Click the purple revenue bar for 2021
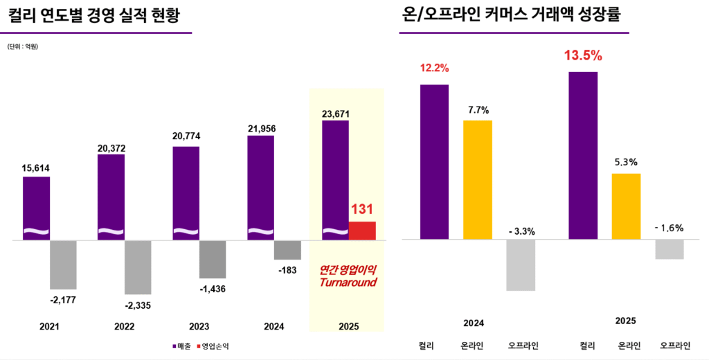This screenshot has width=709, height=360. click(x=36, y=208)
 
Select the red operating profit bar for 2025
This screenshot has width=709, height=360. click(x=361, y=231)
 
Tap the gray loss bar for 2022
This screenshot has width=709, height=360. click(x=138, y=267)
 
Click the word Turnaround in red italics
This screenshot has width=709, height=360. click(x=347, y=282)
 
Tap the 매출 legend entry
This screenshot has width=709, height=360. click(x=181, y=345)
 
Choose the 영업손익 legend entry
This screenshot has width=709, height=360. click(x=214, y=345)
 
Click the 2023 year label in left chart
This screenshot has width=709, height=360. click(x=199, y=327)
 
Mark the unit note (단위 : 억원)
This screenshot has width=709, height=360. click(x=23, y=46)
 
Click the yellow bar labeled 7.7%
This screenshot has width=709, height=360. click(x=477, y=180)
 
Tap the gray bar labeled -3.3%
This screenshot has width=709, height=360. click(x=521, y=265)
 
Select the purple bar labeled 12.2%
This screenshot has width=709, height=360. click(x=434, y=162)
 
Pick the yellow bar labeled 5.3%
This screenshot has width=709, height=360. click(x=626, y=206)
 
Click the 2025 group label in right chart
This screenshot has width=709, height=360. click(x=625, y=321)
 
